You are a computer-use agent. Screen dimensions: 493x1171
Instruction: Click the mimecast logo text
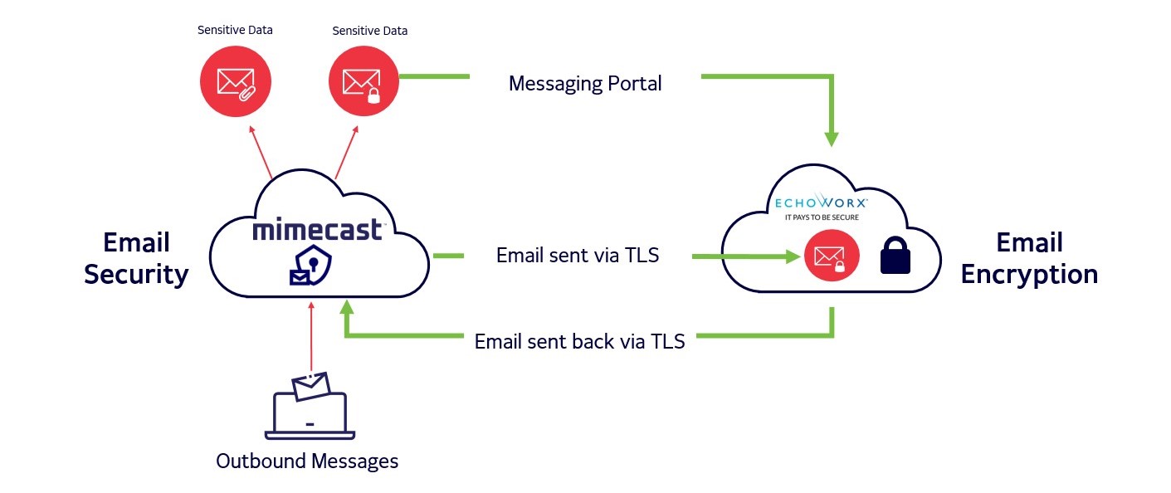point(318,229)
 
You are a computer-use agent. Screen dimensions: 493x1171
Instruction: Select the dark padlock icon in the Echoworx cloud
point(895,256)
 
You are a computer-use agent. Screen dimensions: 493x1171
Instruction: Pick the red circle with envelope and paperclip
point(235,81)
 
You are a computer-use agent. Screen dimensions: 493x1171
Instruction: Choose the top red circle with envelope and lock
point(363,81)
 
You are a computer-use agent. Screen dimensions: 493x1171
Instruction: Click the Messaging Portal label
point(585,83)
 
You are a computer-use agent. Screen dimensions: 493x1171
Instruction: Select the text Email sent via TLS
point(578,255)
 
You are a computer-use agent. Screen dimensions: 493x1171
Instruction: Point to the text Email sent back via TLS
point(579,341)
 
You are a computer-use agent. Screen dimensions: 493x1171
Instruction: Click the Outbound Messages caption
point(307,461)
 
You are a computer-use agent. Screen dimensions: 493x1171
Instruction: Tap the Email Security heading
point(137,258)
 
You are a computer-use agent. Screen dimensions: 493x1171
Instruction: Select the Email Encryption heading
point(1029,258)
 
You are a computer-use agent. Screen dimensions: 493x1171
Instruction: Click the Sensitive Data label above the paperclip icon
point(235,30)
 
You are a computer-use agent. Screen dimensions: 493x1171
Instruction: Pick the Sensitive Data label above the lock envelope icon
point(369,31)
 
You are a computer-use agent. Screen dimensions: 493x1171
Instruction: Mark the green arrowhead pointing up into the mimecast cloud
point(347,308)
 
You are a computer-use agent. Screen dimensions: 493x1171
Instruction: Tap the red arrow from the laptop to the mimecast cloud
point(310,340)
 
